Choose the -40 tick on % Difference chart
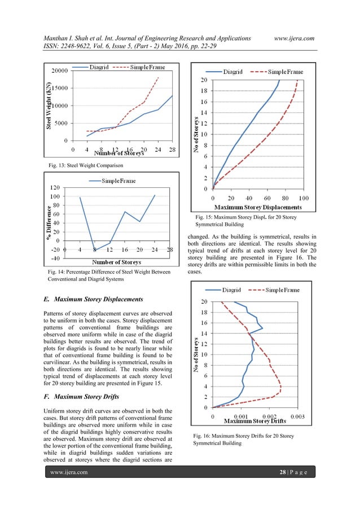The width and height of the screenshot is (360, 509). pos(56,258)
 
